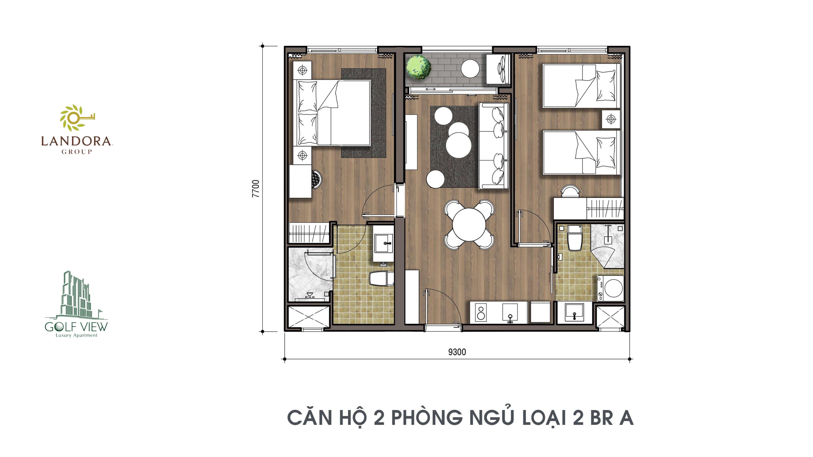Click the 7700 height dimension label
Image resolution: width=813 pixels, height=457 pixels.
(256, 189)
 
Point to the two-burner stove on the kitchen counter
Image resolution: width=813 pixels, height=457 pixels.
(481, 313)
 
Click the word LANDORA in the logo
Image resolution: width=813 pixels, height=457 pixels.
(76, 141)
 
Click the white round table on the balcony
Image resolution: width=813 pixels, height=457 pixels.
(470, 68)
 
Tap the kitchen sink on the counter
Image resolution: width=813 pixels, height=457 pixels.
(510, 313)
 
